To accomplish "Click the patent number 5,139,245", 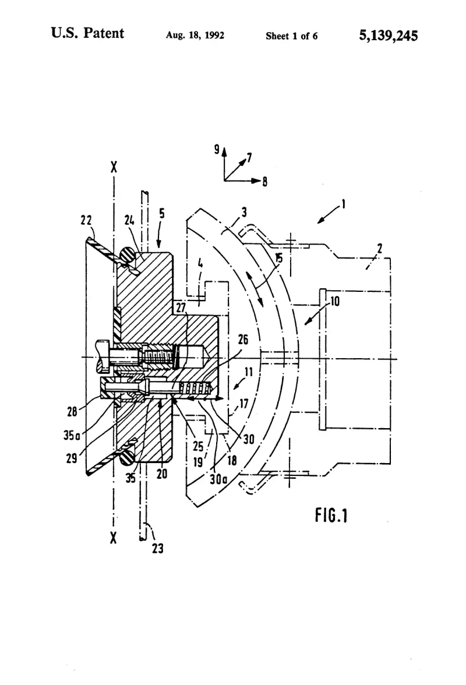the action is (x=389, y=35).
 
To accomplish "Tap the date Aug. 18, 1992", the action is (x=195, y=36).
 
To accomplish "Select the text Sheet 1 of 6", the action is (x=291, y=36).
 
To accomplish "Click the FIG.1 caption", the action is (x=331, y=515).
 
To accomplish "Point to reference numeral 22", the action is (x=86, y=220).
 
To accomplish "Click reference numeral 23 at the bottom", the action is (x=158, y=548).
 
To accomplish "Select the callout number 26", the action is (x=243, y=339).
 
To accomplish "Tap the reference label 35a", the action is (x=72, y=435).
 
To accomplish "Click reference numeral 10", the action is (x=334, y=301).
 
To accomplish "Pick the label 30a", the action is (x=218, y=479).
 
